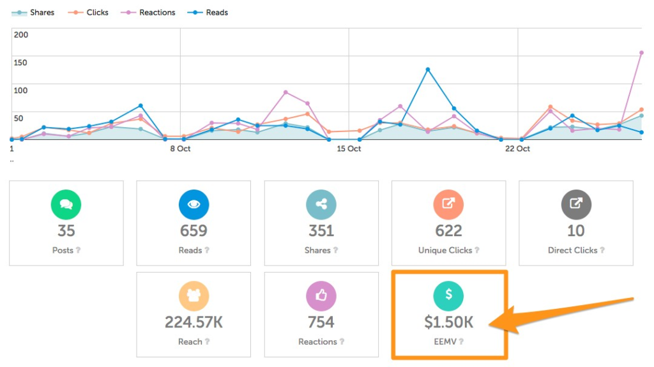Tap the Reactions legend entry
click(x=150, y=13)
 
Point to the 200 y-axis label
click(x=21, y=34)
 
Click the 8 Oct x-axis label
click(x=180, y=149)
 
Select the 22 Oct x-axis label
click(x=517, y=149)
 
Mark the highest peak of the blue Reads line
click(x=427, y=70)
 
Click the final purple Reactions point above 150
click(x=641, y=53)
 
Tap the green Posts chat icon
click(x=66, y=204)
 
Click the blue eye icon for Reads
click(x=194, y=204)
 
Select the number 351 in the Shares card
click(x=321, y=231)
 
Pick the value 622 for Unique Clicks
click(x=448, y=231)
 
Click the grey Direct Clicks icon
click(x=575, y=204)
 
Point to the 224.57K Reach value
click(x=194, y=322)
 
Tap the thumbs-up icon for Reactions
click(x=321, y=296)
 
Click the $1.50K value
click(x=448, y=322)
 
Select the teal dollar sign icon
click(x=448, y=296)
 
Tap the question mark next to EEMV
click(x=461, y=342)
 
